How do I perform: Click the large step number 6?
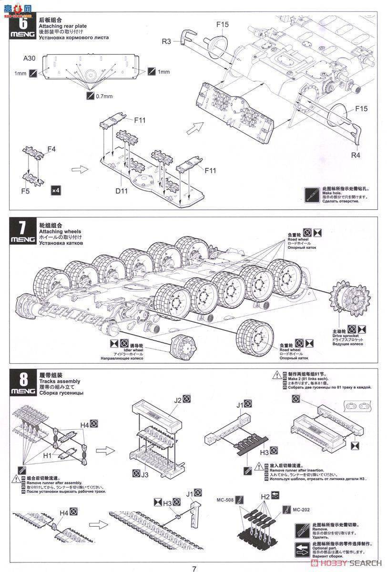coord(22,22)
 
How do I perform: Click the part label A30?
coord(30,59)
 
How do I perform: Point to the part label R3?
coord(166,42)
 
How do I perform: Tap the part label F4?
coord(51,149)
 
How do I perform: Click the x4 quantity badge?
coord(55,190)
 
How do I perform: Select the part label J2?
coord(178,400)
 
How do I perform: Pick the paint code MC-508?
coord(224,500)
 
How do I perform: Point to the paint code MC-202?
coord(301,510)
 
